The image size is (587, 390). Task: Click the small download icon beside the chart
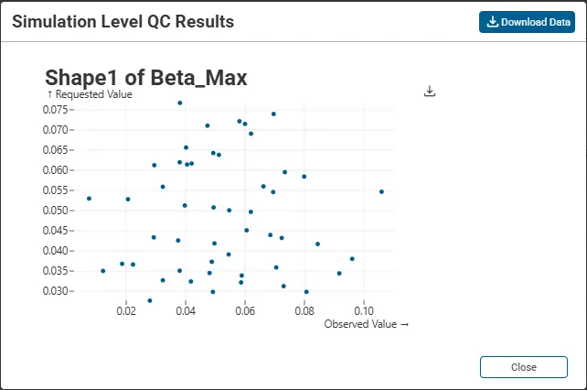click(431, 92)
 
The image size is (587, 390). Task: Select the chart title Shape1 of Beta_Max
click(146, 77)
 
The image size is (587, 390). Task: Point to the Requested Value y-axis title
click(90, 94)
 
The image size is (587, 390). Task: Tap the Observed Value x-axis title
click(366, 323)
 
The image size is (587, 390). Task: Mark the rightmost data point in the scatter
click(381, 191)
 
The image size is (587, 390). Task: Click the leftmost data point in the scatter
click(89, 198)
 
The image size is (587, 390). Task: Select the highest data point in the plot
click(180, 103)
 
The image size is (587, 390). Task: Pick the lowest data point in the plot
click(150, 300)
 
